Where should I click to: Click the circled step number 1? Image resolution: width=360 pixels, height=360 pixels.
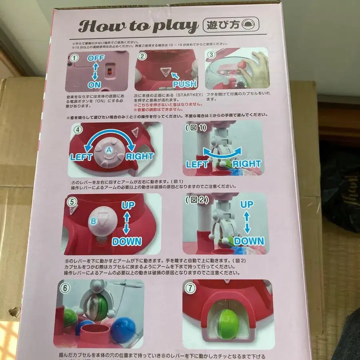click(x=73, y=58)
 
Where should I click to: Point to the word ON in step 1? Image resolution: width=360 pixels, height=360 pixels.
click(x=95, y=85)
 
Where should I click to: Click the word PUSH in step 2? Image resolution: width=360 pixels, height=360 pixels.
click(x=184, y=84)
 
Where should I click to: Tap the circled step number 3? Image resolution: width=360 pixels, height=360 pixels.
click(x=212, y=55)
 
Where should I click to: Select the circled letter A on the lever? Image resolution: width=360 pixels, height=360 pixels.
click(x=108, y=150)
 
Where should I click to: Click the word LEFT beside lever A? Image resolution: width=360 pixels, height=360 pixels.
click(x=82, y=157)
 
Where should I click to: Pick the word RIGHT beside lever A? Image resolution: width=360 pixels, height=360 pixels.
click(x=140, y=156)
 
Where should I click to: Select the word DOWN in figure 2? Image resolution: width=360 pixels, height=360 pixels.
click(x=249, y=241)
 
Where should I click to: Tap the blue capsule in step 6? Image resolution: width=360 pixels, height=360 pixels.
click(x=123, y=330)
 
